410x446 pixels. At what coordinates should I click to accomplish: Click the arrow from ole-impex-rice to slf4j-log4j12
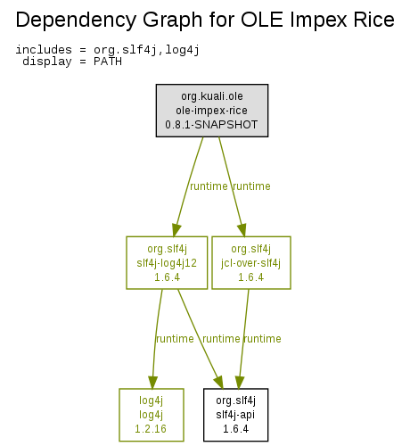tap(189, 186)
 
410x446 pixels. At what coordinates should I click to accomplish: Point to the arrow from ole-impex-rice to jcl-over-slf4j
tap(232, 186)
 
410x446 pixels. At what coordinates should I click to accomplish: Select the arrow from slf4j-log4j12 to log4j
tap(156, 339)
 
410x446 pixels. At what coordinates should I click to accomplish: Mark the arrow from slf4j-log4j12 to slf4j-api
tap(201, 339)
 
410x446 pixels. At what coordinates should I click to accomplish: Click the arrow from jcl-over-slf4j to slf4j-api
tap(243, 339)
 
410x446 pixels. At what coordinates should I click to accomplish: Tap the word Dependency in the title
tap(77, 21)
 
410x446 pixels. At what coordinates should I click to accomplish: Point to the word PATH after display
tap(108, 62)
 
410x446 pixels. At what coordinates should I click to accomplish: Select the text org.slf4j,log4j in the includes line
tap(146, 50)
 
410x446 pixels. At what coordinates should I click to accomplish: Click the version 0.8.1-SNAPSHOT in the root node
tap(211, 125)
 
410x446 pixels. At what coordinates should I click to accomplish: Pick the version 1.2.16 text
tap(151, 429)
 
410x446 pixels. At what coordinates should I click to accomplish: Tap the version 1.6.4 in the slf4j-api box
tap(235, 429)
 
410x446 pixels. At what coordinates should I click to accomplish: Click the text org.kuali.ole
tap(212, 96)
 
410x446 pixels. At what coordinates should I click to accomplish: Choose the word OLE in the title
tap(262, 20)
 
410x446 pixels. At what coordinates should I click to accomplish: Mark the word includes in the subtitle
tap(44, 49)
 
